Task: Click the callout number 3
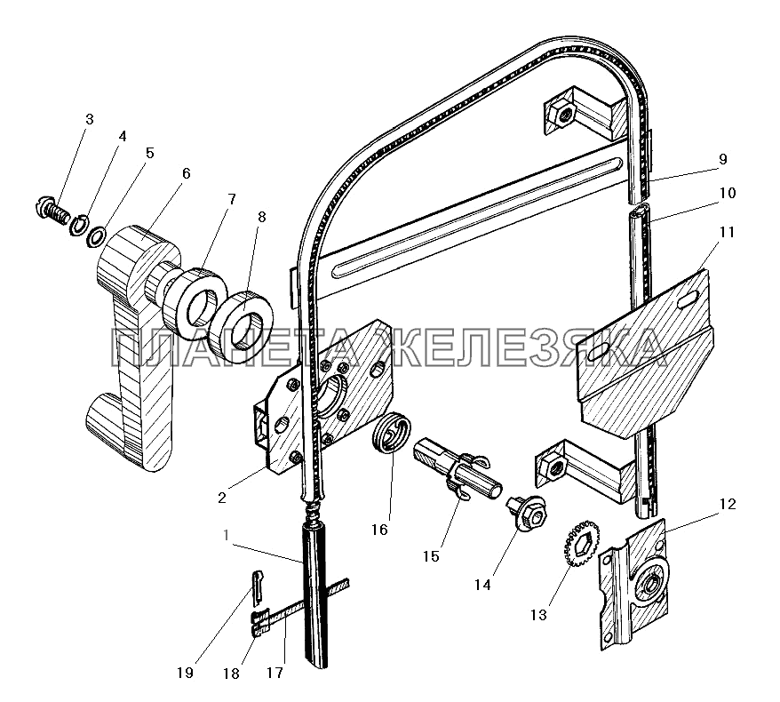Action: pos(89,119)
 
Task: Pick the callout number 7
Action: pos(231,200)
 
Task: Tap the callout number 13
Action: pos(538,615)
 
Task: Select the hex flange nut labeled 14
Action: pos(527,514)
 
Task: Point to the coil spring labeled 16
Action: pos(392,431)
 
